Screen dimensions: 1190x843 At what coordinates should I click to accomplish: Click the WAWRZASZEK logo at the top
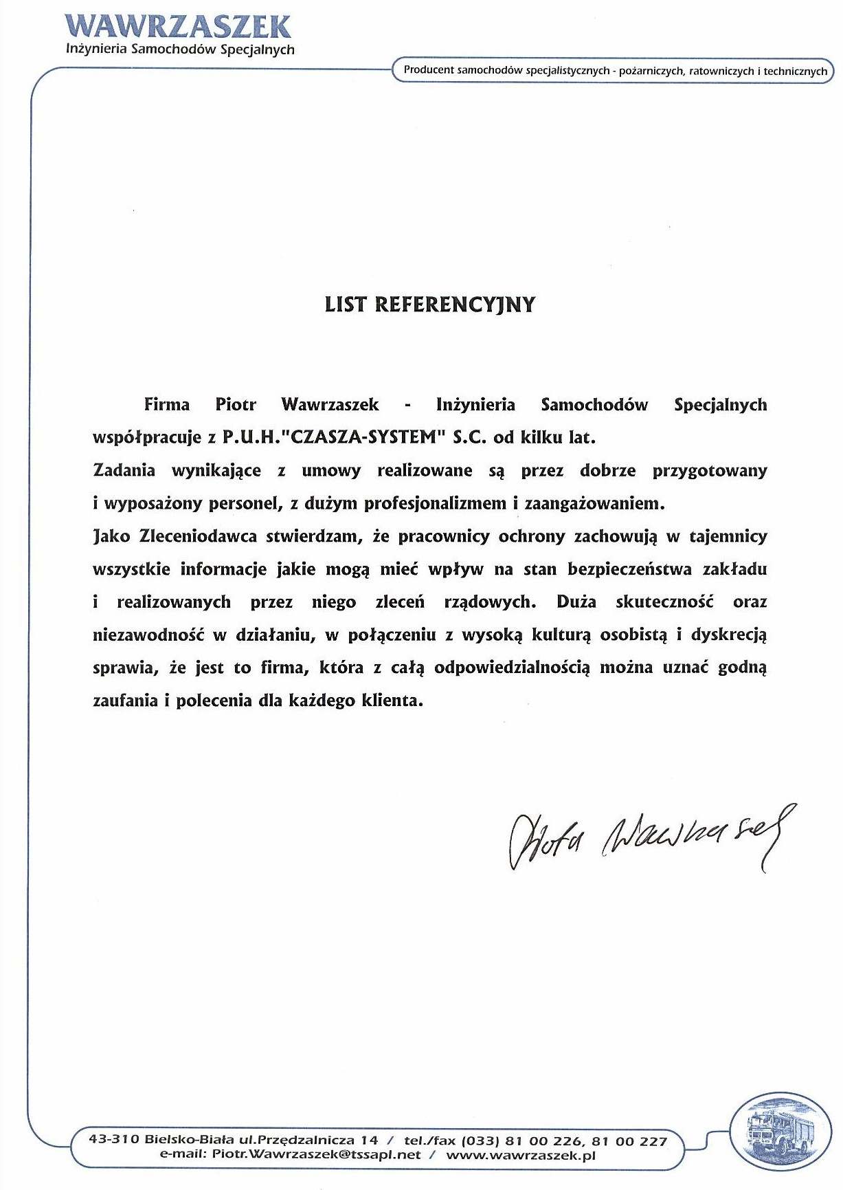(179, 27)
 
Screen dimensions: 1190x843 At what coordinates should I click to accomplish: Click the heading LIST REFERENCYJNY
(429, 305)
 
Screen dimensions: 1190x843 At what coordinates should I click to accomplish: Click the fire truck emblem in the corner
(778, 1131)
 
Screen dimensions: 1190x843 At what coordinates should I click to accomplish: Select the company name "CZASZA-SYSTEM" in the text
(365, 437)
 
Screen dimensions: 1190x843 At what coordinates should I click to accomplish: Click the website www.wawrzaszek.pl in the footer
(520, 1155)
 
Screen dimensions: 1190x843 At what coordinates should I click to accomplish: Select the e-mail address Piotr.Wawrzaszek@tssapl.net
(316, 1155)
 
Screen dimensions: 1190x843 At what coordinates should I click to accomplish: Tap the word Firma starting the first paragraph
(167, 404)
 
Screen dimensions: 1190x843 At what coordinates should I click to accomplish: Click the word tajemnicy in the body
(728, 536)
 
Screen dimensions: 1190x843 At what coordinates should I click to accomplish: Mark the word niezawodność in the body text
(148, 635)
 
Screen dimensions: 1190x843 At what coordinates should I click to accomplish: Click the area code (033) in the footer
(480, 1140)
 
